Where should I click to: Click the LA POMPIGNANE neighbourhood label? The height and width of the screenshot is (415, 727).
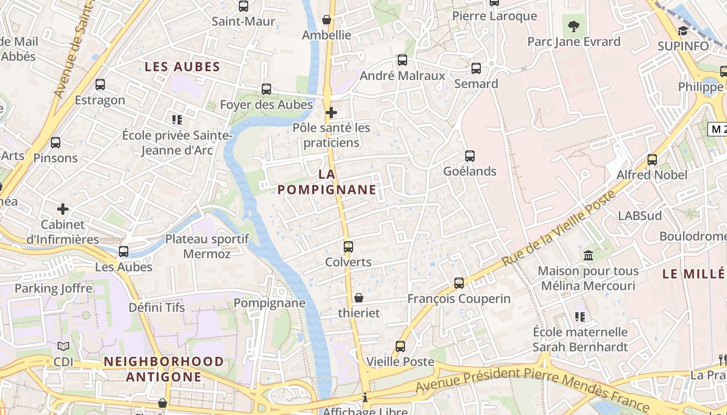(327, 182)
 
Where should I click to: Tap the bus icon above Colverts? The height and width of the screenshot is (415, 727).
(348, 246)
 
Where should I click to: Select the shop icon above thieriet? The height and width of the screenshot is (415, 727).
(358, 298)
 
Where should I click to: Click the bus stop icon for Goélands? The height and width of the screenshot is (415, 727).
(470, 156)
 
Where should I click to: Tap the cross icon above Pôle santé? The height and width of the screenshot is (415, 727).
(331, 112)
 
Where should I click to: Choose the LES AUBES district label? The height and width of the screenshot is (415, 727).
(182, 67)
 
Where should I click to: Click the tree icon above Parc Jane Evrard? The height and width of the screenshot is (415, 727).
(573, 26)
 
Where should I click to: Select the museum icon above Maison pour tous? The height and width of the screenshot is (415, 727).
(588, 255)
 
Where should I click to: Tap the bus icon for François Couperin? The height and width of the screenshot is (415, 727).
(459, 283)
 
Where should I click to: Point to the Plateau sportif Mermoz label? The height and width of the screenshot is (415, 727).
(207, 246)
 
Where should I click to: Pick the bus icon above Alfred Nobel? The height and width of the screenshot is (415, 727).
(652, 160)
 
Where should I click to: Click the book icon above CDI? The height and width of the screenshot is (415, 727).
(63, 346)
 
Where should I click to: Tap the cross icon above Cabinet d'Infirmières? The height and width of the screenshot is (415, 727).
(63, 209)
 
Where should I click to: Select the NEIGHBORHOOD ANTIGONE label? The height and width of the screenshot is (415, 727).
(164, 369)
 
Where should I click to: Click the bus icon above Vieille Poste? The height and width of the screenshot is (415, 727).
(400, 346)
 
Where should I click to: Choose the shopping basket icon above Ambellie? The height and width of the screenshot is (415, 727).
(327, 20)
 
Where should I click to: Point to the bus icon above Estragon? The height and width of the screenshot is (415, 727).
(100, 84)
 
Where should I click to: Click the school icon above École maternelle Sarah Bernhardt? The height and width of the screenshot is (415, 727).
(580, 316)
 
